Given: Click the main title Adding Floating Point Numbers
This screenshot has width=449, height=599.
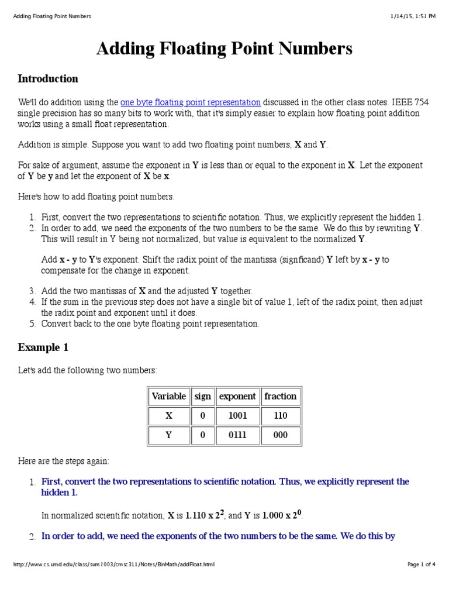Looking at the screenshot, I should [224, 49].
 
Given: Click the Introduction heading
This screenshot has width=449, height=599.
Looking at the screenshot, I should [48, 79].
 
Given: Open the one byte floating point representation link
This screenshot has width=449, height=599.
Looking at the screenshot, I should [190, 102].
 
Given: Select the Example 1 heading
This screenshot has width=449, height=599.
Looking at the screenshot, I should [43, 347].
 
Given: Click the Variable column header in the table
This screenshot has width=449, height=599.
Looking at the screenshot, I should [168, 396].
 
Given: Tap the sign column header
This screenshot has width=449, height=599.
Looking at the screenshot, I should [202, 396].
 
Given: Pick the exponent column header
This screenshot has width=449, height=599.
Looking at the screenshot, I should [237, 396].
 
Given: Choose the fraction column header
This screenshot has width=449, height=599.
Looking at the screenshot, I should [280, 396].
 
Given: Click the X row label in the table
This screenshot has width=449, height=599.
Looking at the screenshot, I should [168, 416].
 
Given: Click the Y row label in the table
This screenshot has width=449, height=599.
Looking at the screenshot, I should [168, 435].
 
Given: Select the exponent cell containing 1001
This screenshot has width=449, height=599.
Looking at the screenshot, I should [237, 416].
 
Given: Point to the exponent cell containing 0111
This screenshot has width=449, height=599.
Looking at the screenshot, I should [237, 435].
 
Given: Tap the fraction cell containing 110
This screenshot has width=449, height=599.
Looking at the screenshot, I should [280, 416].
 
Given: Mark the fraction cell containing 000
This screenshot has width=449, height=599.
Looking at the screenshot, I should [280, 435].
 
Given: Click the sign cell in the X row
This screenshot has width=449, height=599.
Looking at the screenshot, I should [202, 416].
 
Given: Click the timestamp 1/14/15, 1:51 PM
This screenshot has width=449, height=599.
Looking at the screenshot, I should [413, 16].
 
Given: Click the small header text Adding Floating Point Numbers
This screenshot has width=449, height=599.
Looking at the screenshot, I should [52, 16].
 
